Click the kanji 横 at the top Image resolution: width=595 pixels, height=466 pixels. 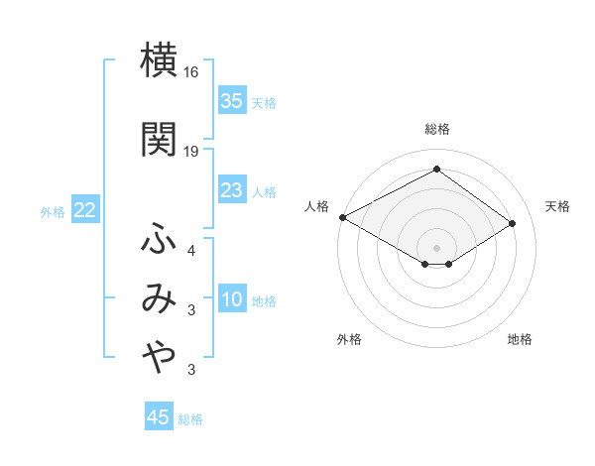tap(159, 62)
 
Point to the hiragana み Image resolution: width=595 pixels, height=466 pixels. tap(159, 299)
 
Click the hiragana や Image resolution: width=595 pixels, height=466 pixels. tap(159, 360)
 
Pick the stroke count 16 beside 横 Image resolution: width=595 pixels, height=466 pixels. tap(191, 73)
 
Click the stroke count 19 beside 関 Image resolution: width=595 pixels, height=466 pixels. tap(191, 151)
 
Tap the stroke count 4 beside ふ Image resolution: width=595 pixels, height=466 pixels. tap(191, 250)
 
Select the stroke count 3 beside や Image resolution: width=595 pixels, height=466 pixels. tap(191, 371)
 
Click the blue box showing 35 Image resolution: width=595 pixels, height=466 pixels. tap(232, 101)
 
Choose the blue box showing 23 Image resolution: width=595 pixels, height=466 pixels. tap(232, 190)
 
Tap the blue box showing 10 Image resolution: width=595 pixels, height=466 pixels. tap(232, 300)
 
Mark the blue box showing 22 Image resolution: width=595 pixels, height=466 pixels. tap(84, 210)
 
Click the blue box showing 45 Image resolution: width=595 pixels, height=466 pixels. tap(159, 417)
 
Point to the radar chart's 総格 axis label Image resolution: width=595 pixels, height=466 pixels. tap(436, 129)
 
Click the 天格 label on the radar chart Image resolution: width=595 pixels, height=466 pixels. tap(557, 206)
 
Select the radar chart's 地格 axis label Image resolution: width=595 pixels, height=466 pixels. tap(520, 339)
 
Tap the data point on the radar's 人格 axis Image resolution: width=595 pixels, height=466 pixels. tap(342, 216)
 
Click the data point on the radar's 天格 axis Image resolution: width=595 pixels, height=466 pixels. tap(513, 223)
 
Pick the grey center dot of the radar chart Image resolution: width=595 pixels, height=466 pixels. tap(436, 246)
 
